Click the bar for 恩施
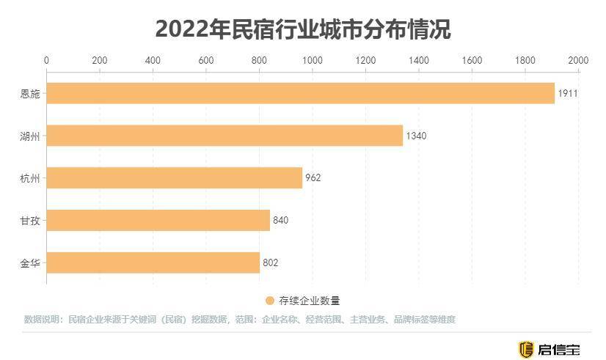[x=300, y=93]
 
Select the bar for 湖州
[x=224, y=136]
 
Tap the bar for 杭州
[x=174, y=177]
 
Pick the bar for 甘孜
[x=158, y=220]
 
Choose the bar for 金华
[x=153, y=262]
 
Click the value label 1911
[x=569, y=93]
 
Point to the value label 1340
[x=416, y=136]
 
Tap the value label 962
[x=313, y=177]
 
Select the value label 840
[x=281, y=220]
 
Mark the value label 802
[x=271, y=262]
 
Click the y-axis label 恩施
[x=29, y=93]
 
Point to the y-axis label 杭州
[x=29, y=177]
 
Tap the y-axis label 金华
[x=29, y=262]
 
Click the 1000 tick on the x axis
[x=313, y=60]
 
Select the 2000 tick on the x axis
[x=578, y=60]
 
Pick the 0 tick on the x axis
[x=47, y=60]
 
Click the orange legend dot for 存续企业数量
[x=269, y=301]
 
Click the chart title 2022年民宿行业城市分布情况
[x=302, y=30]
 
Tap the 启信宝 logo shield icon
[x=525, y=349]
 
